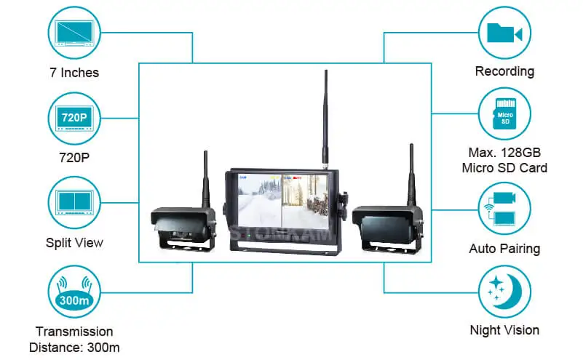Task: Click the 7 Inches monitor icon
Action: pyautogui.click(x=74, y=33)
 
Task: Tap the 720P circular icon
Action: pyautogui.click(x=74, y=119)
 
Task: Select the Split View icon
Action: pyautogui.click(x=74, y=203)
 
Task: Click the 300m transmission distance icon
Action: pyautogui.click(x=74, y=292)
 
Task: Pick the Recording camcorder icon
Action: pyautogui.click(x=504, y=33)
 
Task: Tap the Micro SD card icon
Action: pyautogui.click(x=504, y=113)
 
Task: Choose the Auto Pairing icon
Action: pyautogui.click(x=504, y=209)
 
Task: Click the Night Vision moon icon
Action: pyautogui.click(x=504, y=292)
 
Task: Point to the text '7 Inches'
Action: pyautogui.click(x=74, y=73)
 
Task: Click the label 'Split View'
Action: pyautogui.click(x=74, y=243)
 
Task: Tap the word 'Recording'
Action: pyautogui.click(x=504, y=71)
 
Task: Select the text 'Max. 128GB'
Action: pyautogui.click(x=504, y=152)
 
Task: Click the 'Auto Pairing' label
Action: pyautogui.click(x=504, y=249)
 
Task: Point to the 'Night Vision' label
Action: pyautogui.click(x=504, y=330)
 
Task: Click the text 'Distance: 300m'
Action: pyautogui.click(x=74, y=348)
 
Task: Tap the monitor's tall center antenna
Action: pyautogui.click(x=325, y=119)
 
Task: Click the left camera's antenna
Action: pyautogui.click(x=205, y=180)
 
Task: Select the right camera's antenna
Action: pyautogui.click(x=411, y=175)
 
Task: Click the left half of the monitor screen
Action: pyautogui.click(x=260, y=201)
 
